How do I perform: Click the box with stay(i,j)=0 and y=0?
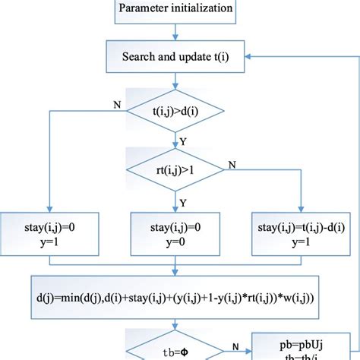click(175, 232)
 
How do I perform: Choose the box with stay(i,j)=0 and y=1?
click(49, 232)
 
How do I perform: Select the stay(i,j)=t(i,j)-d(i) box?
click(302, 232)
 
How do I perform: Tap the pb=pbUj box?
click(304, 346)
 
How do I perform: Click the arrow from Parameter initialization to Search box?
click(175, 32)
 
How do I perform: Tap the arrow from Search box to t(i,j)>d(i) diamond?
click(175, 82)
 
